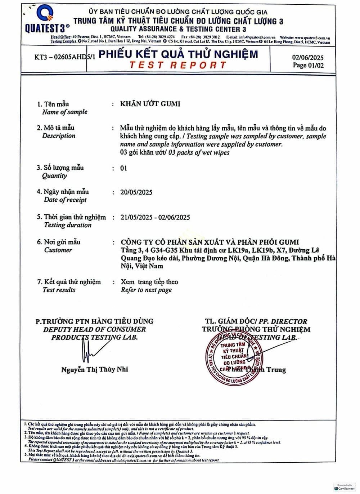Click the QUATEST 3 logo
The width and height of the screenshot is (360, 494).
tap(46, 20)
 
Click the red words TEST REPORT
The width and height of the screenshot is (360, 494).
tap(178, 65)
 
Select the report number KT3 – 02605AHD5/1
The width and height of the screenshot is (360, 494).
tap(65, 57)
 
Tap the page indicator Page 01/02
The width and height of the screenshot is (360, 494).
tap(308, 65)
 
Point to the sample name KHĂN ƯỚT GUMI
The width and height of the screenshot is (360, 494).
tap(150, 104)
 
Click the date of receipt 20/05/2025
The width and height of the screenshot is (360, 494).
tap(136, 192)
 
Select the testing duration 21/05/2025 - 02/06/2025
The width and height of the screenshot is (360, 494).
tap(155, 217)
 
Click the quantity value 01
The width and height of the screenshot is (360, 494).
tap(123, 168)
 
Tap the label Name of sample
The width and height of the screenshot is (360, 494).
tap(65, 112)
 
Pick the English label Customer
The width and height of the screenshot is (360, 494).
tap(58, 250)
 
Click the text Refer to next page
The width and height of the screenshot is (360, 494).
tap(146, 290)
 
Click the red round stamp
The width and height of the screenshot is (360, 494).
tap(233, 360)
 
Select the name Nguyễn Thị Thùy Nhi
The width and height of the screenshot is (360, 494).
tap(94, 369)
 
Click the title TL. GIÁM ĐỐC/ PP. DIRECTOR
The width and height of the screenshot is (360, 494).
tap(256, 321)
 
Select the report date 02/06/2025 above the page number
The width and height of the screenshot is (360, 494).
tap(307, 57)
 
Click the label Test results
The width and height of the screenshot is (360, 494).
tap(59, 290)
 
